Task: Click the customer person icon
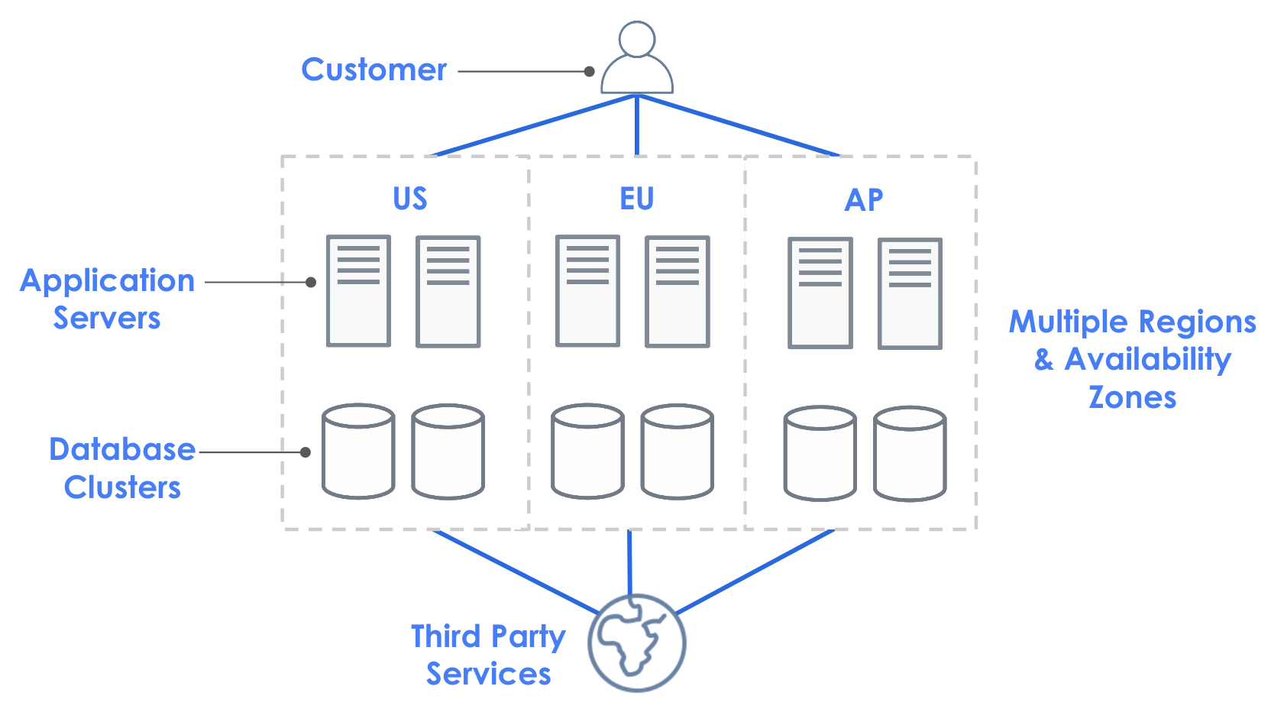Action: click(636, 60)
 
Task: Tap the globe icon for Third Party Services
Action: click(636, 643)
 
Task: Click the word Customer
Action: click(374, 70)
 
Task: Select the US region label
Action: click(409, 199)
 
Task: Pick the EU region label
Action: click(636, 199)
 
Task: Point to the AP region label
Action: click(864, 200)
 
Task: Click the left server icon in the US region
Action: click(358, 291)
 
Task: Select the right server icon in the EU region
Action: click(677, 292)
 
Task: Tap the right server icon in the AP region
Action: click(909, 293)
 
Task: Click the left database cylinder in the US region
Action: click(358, 451)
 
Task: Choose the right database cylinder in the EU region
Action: click(677, 451)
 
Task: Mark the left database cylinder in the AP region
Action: click(820, 454)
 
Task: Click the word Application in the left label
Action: click(108, 281)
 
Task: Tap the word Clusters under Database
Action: click(122, 487)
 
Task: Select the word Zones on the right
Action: click(1132, 397)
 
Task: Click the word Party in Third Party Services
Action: click(528, 637)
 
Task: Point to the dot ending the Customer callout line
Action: click(589, 72)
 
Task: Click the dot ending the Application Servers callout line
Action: click(311, 282)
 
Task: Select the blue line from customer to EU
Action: click(636, 126)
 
